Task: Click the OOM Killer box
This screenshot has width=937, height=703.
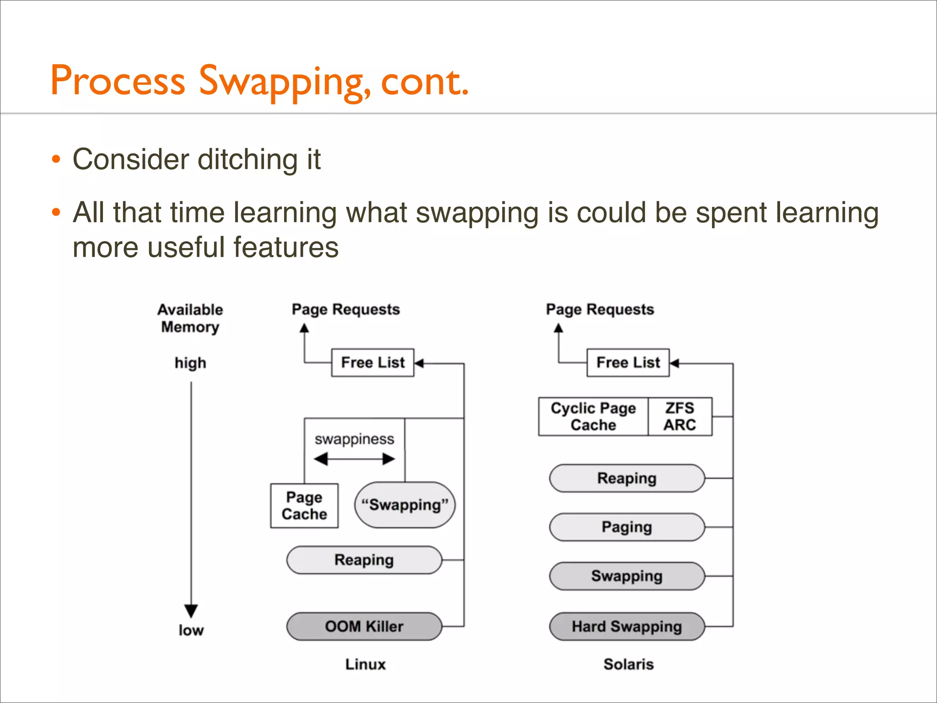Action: pos(364,626)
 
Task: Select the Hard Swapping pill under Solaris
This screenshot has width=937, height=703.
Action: pos(627,626)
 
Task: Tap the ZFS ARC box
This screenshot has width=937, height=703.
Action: pos(680,416)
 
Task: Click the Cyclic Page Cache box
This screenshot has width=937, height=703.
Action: pos(593,416)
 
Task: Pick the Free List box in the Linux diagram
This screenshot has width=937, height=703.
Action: pos(372,362)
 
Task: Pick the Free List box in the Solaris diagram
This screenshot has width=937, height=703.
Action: pos(628,362)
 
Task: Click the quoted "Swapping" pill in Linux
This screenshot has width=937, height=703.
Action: pos(405,505)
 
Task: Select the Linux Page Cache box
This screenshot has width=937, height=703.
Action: pos(304,506)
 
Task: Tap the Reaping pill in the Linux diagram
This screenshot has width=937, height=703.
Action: pos(364,560)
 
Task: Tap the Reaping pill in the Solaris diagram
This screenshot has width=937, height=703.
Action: pos(627,478)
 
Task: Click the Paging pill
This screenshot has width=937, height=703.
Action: pos(627,527)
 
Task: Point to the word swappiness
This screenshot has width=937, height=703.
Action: pos(354,439)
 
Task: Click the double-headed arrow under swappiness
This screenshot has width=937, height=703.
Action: pos(354,459)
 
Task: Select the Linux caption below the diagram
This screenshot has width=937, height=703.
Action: pos(365,664)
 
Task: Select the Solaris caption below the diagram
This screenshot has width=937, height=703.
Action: pos(628,664)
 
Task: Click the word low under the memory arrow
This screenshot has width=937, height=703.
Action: pos(191,630)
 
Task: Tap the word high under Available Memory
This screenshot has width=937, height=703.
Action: pos(190,363)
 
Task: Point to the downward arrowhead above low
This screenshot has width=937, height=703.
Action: pos(191,611)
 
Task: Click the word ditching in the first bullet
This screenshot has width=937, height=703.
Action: pos(248,159)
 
